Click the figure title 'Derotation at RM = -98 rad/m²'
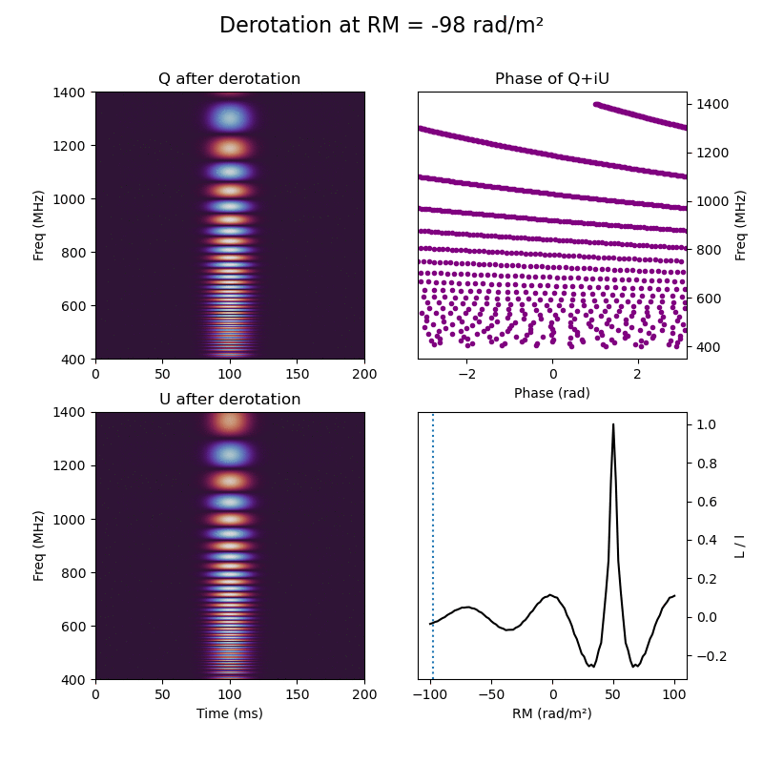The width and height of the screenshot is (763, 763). pyautogui.click(x=381, y=26)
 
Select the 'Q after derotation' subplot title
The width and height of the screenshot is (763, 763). pyautogui.click(x=229, y=79)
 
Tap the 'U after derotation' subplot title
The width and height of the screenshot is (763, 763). pyautogui.click(x=229, y=400)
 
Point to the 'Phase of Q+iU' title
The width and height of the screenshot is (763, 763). pyautogui.click(x=551, y=79)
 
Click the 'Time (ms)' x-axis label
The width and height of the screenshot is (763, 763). pyautogui.click(x=229, y=713)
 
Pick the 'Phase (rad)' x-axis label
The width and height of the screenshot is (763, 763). pyautogui.click(x=551, y=393)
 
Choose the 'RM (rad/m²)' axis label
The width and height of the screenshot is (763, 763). pyautogui.click(x=551, y=713)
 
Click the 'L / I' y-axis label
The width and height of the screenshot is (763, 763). pyautogui.click(x=740, y=546)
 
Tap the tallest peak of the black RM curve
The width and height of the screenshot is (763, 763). pyautogui.click(x=613, y=424)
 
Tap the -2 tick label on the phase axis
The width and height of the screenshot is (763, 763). pyautogui.click(x=467, y=373)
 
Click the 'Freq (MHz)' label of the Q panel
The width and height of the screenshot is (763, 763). pyautogui.click(x=39, y=225)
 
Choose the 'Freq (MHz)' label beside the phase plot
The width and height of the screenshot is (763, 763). pyautogui.click(x=740, y=225)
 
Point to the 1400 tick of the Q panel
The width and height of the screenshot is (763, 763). pyautogui.click(x=73, y=93)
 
